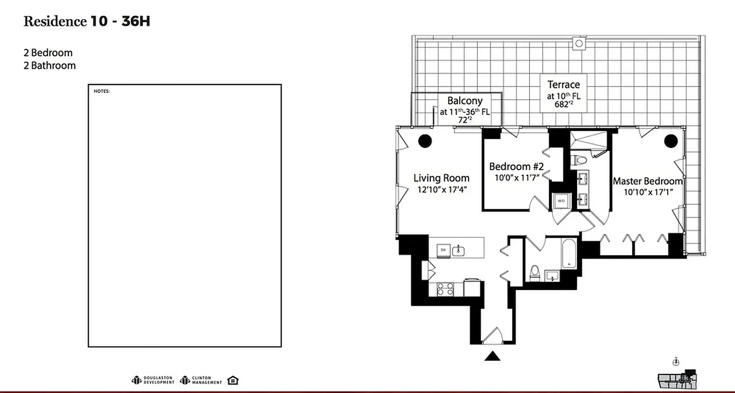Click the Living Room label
tap(441, 178)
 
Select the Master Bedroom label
tap(647, 181)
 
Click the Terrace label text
tap(563, 84)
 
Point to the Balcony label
tap(464, 101)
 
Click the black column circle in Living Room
tap(425, 141)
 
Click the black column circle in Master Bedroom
tap(671, 141)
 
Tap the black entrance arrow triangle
tap(492, 356)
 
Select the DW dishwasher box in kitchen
tap(443, 250)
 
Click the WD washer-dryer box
tap(561, 200)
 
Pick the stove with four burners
tap(445, 289)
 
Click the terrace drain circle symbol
tap(579, 44)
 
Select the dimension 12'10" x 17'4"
tap(441, 190)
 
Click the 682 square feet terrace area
tap(563, 104)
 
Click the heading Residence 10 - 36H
tap(86, 21)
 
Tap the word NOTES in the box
tap(102, 91)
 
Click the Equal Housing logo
tap(234, 380)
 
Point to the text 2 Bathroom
tap(50, 65)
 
